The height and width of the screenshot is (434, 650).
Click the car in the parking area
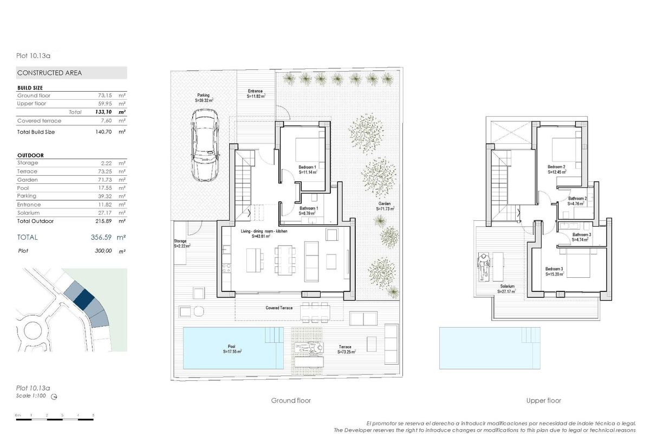tap(205, 145)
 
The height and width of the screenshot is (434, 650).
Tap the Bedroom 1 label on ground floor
tap(307, 167)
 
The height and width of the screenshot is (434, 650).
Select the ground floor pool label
tap(232, 347)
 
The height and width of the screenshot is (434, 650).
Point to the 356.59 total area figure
tap(101, 238)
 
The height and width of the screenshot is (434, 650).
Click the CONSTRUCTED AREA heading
tap(50, 73)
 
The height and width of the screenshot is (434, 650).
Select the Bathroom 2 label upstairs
tap(577, 199)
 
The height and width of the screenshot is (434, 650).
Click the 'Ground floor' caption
tap(291, 400)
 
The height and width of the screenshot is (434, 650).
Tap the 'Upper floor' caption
tap(543, 400)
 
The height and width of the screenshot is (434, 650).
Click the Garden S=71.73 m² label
tap(385, 206)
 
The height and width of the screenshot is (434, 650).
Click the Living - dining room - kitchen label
tap(264, 231)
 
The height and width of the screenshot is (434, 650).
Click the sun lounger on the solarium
tap(483, 266)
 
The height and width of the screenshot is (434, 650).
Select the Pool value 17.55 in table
tap(102, 188)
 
